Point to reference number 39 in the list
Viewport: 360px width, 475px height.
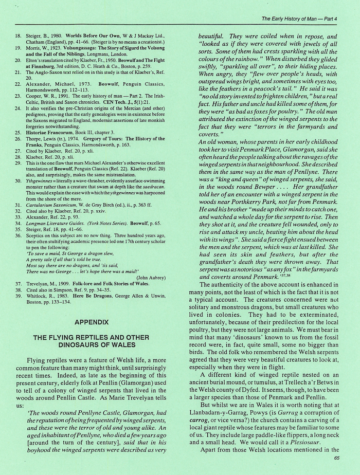(17, 300)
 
